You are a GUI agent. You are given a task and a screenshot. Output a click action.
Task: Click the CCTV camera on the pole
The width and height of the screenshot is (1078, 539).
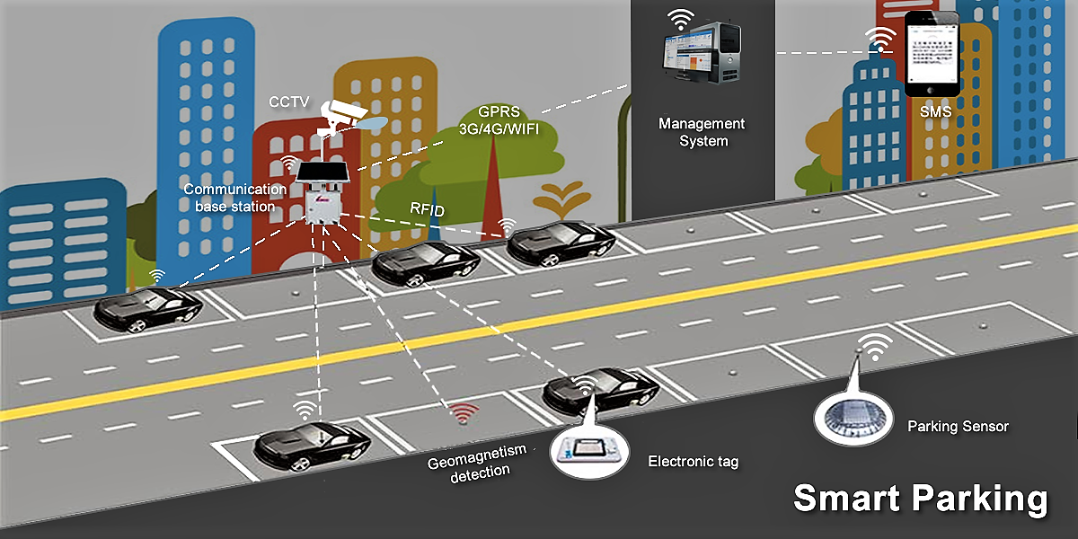346,113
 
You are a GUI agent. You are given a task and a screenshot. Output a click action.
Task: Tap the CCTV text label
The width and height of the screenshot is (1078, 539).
287,102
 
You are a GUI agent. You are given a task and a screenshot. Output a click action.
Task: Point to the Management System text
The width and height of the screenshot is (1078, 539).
702,132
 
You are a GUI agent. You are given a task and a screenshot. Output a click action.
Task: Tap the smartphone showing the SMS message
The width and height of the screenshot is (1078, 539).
932,54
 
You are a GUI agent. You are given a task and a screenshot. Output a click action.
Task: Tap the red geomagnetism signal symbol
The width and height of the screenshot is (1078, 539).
464,413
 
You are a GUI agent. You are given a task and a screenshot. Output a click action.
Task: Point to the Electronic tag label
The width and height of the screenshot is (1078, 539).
693,462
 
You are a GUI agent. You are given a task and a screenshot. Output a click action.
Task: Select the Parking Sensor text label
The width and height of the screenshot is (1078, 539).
958,426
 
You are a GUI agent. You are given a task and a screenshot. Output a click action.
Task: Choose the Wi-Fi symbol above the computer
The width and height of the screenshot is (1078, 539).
680,19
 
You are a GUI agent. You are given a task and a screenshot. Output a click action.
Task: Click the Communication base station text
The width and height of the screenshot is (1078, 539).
231,198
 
